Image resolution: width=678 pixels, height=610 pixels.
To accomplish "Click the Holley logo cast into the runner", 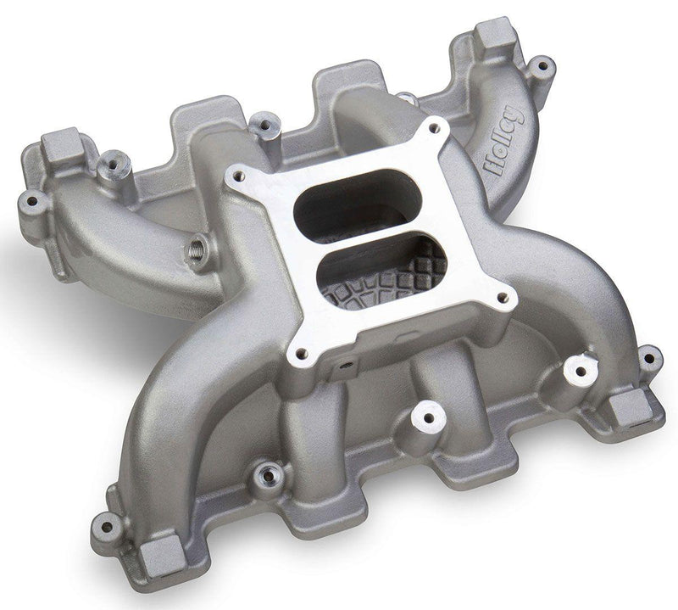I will tap(506, 141).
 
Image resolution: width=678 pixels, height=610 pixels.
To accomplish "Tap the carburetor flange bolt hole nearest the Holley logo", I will tap(435, 128).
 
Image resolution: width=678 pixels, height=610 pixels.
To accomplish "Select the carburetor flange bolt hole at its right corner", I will tap(505, 298).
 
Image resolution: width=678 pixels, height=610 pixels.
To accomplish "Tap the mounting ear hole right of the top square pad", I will tap(540, 64).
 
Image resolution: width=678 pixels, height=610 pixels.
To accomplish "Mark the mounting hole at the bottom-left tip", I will tap(107, 523).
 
